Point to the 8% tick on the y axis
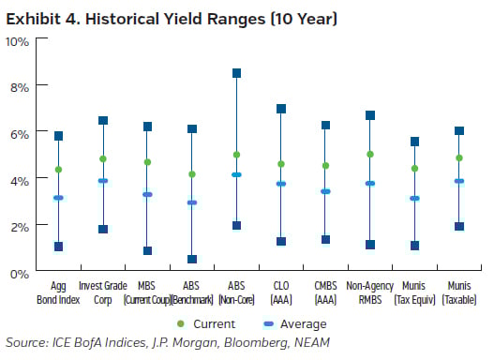(20, 86)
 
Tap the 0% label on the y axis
(20, 273)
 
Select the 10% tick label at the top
(18, 40)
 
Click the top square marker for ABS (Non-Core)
(236, 73)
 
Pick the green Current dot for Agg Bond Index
(58, 170)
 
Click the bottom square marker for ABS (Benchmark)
(192, 259)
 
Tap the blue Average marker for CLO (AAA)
(281, 184)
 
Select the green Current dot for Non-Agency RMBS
(370, 155)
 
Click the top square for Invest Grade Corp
(103, 120)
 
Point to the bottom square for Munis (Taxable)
(459, 226)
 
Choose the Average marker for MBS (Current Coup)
(147, 194)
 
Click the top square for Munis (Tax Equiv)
(414, 142)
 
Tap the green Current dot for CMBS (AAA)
(325, 166)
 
